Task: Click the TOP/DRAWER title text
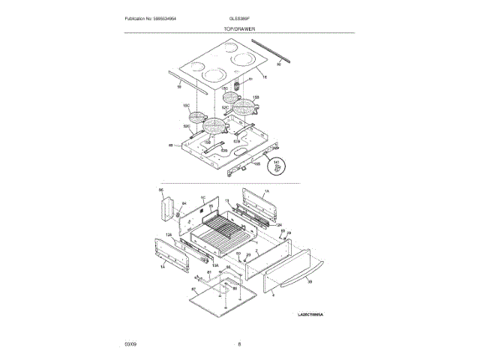[239, 28]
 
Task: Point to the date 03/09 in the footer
[130, 344]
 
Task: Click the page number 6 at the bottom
[239, 344]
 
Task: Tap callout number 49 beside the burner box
[170, 145]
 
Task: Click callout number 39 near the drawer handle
[310, 281]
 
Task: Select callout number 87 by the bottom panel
[193, 289]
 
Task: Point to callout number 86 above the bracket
[161, 191]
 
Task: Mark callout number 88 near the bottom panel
[234, 288]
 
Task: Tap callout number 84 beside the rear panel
[183, 203]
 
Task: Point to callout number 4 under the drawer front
[273, 295]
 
